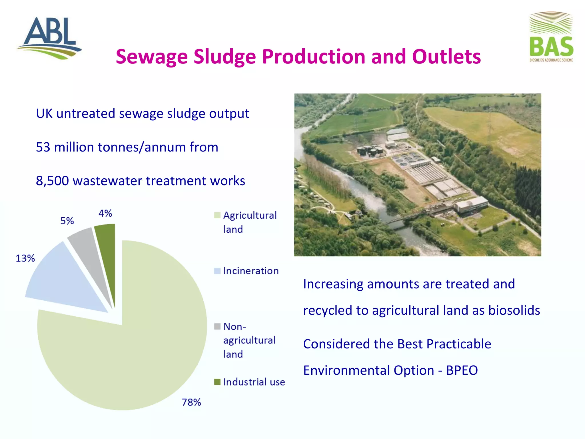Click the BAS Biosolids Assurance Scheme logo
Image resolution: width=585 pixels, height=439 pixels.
pyautogui.click(x=551, y=37)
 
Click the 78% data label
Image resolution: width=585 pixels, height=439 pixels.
pyautogui.click(x=191, y=402)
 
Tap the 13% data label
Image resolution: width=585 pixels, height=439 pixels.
pyautogui.click(x=25, y=258)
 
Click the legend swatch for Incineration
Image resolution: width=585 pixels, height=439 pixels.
pyautogui.click(x=217, y=271)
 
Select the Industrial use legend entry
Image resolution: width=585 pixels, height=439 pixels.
pyautogui.click(x=254, y=382)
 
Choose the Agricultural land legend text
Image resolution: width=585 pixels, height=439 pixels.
pyautogui.click(x=250, y=222)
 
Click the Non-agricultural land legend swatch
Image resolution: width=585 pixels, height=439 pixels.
pyautogui.click(x=217, y=326)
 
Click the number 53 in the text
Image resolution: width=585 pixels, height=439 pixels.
pyautogui.click(x=43, y=147)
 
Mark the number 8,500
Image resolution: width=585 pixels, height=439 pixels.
pyautogui.click(x=52, y=181)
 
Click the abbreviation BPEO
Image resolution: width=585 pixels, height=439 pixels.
pyautogui.click(x=462, y=370)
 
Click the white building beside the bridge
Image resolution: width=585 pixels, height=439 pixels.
pyautogui.click(x=471, y=204)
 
